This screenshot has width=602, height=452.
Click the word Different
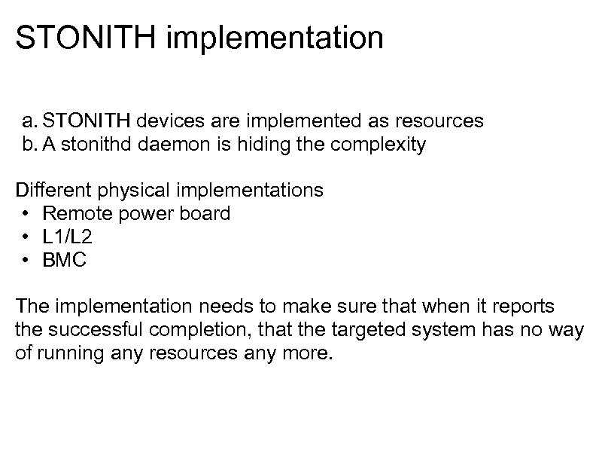47,190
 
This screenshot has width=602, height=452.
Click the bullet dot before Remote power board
26,214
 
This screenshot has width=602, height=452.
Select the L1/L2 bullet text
68,237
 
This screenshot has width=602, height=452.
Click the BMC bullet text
65,261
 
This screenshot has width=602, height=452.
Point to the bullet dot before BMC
26,261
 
